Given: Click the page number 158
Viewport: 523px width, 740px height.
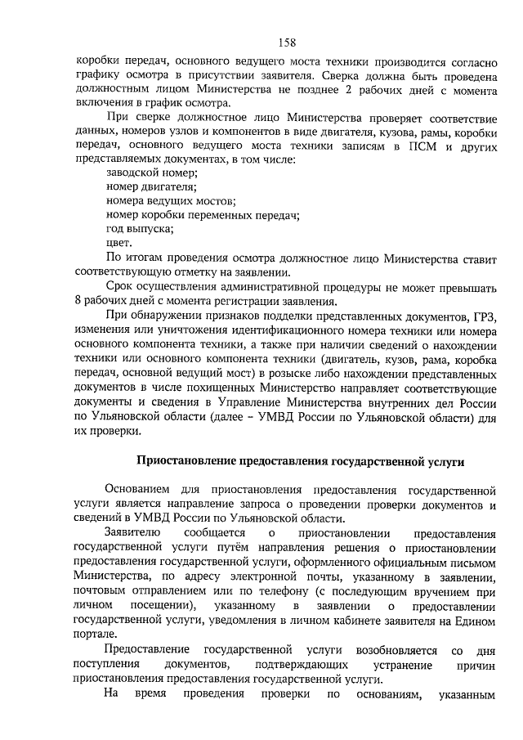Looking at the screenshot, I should (286, 43).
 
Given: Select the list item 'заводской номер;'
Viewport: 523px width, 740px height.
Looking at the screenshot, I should (152, 172).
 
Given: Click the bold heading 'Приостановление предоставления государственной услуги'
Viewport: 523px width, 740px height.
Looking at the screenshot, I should (299, 462).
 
